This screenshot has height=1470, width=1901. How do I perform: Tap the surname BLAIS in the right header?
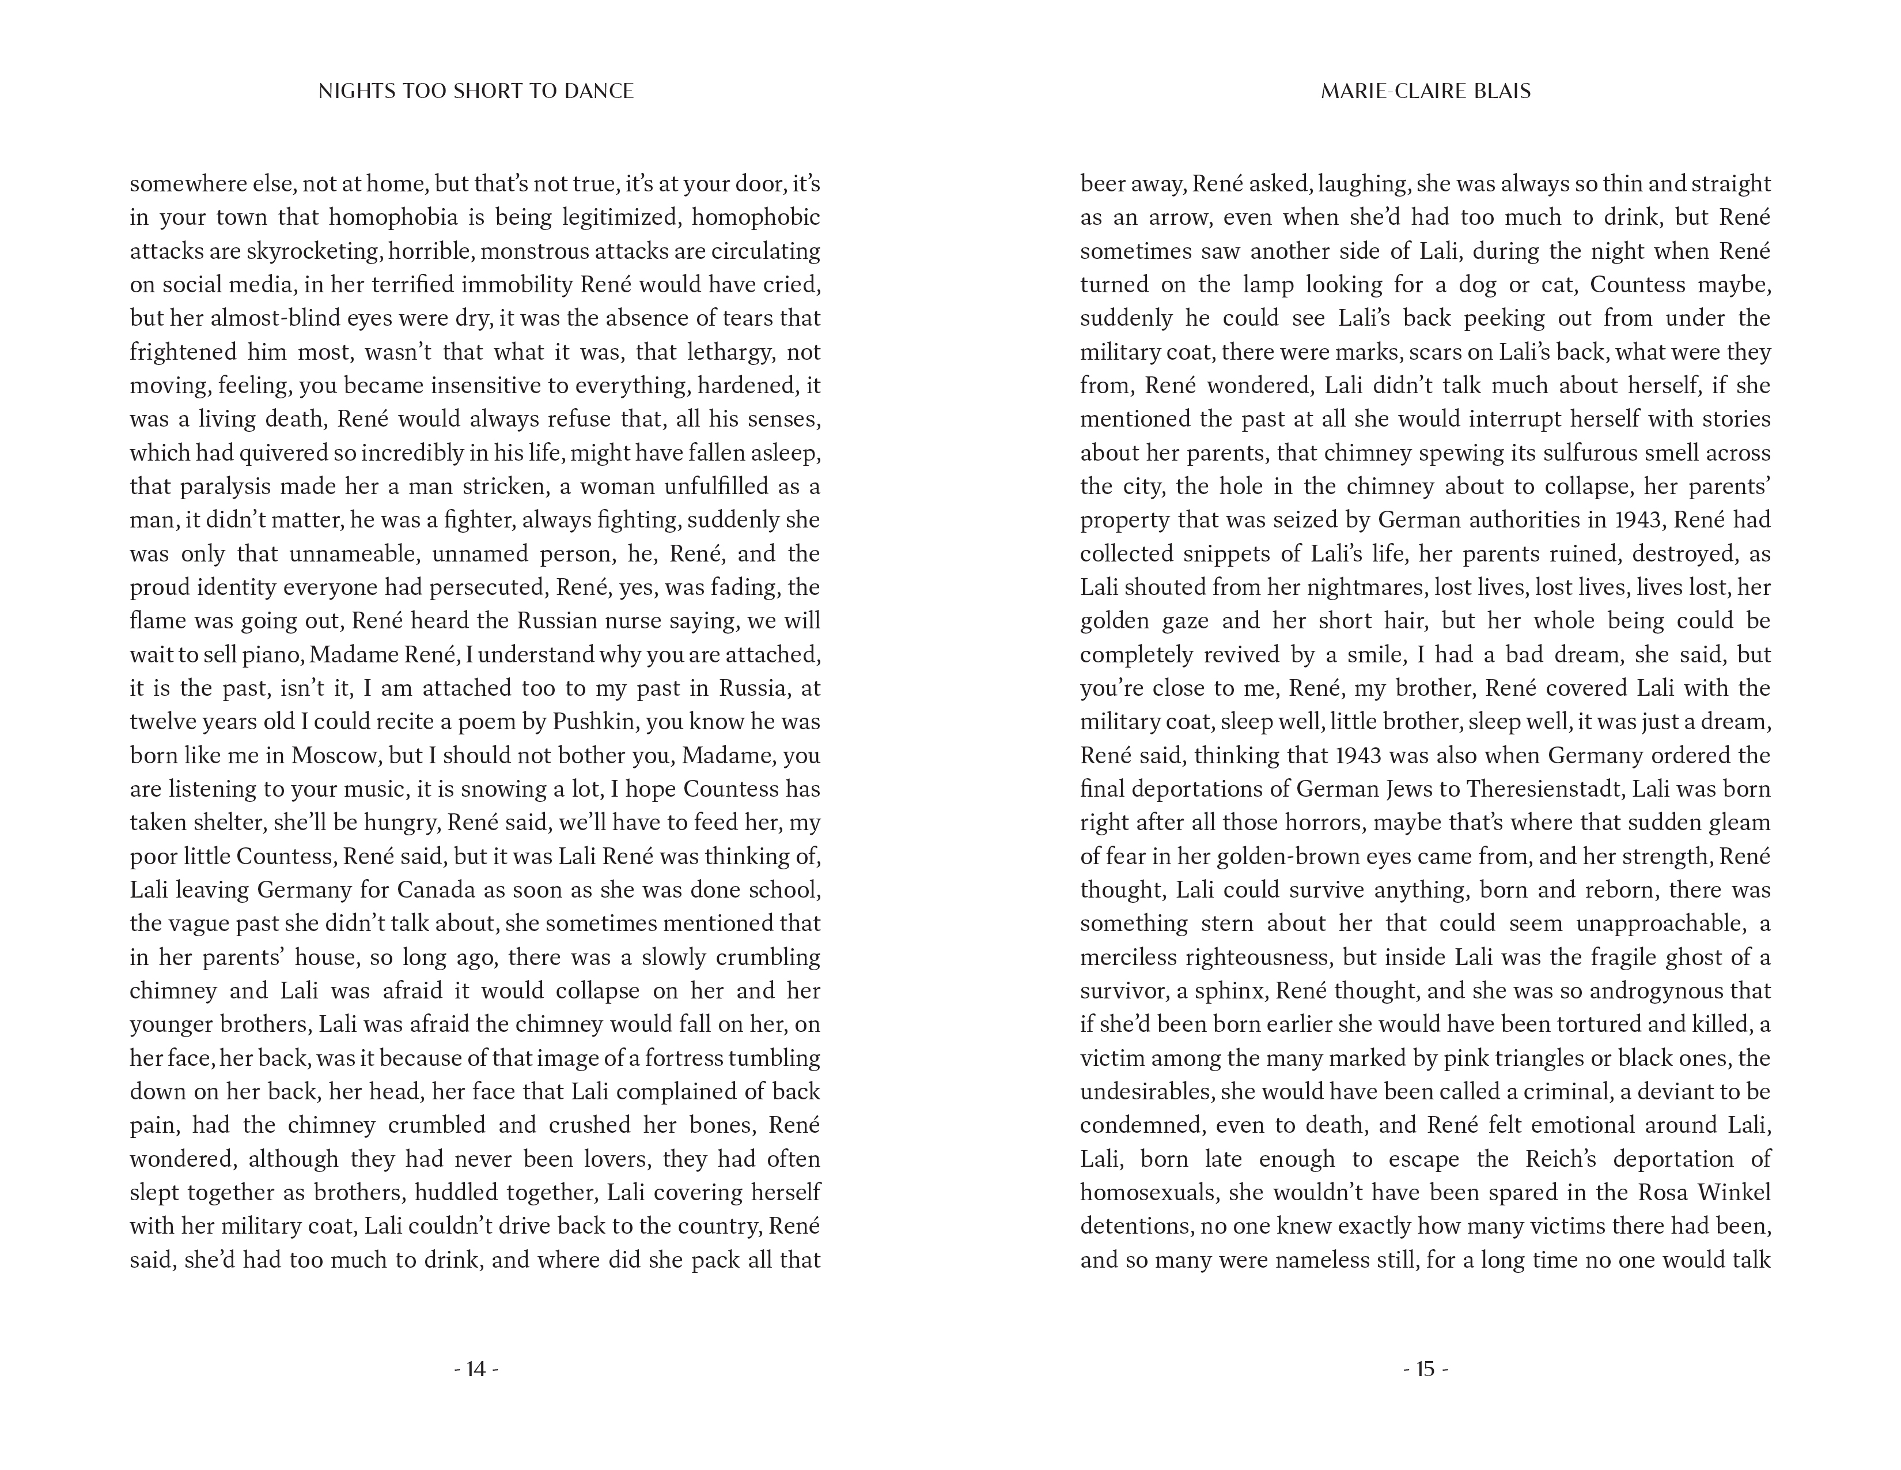point(1501,92)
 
